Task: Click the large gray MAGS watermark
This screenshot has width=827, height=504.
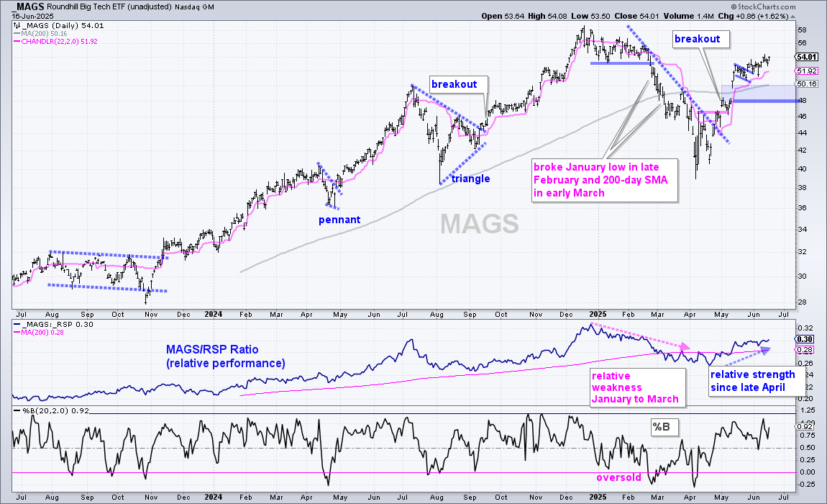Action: (x=480, y=223)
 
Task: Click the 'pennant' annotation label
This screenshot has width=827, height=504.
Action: (x=339, y=220)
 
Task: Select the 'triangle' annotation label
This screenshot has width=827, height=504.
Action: (x=470, y=179)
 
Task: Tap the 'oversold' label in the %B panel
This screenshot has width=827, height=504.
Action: (x=618, y=477)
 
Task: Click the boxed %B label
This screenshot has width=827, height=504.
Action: (x=662, y=427)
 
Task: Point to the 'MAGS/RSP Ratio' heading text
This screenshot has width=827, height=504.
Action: (x=212, y=349)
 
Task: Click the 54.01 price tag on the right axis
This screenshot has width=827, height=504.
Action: (x=806, y=57)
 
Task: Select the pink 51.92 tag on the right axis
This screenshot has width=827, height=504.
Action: (x=806, y=71)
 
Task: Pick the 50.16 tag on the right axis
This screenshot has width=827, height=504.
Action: (x=806, y=84)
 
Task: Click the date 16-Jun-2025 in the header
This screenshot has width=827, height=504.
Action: (x=32, y=17)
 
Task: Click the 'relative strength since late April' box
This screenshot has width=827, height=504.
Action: (x=756, y=381)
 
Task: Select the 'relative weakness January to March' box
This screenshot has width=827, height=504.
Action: (x=638, y=387)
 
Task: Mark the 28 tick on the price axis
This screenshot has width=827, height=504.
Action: (x=803, y=302)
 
